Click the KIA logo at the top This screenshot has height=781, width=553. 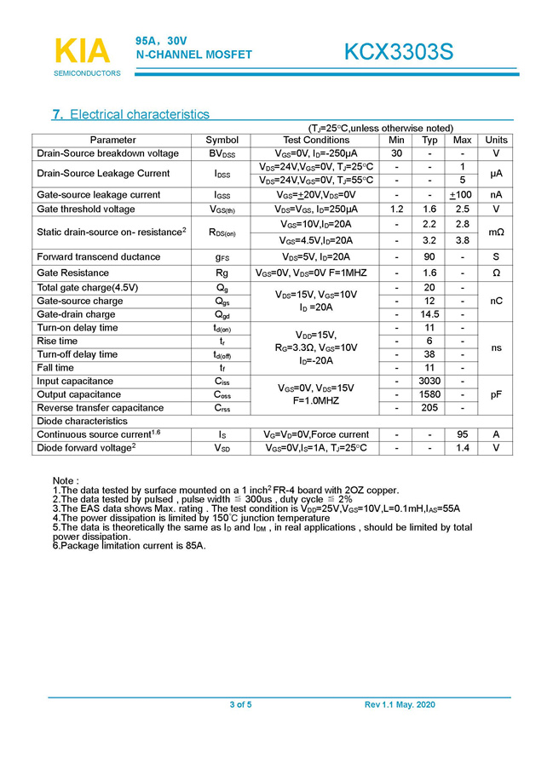tap(82, 51)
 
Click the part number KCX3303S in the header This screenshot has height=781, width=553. tap(398, 53)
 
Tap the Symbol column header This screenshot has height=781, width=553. tap(222, 140)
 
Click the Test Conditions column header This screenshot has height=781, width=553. tap(315, 140)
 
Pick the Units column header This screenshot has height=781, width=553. tap(496, 140)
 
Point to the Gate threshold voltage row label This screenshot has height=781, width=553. tap(85, 209)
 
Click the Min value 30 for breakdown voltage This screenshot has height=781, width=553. tap(396, 153)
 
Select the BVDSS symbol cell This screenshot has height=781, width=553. tap(222, 153)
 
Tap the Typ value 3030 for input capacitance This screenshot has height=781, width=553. tap(429, 381)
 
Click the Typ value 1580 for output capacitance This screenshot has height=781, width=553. tap(429, 394)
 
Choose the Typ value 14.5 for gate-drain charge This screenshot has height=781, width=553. tap(429, 314)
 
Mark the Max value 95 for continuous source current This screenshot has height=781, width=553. tap(463, 434)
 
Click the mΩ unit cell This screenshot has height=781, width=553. tap(496, 232)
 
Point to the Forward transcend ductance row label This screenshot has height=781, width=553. tap(98, 256)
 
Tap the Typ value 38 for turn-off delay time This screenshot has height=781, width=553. tap(429, 354)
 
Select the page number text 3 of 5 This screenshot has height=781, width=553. tap(240, 704)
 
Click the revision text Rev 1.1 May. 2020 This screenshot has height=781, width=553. tap(400, 704)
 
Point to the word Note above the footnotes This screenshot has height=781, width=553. tap(66, 481)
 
